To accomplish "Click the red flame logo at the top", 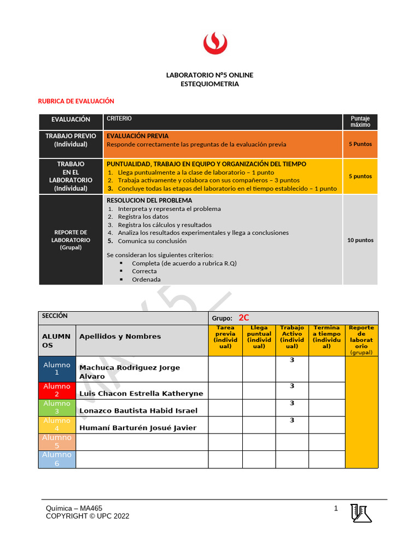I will pyautogui.click(x=210, y=43).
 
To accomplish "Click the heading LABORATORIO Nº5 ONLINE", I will pyautogui.click(x=209, y=75).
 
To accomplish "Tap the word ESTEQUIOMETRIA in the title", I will pyautogui.click(x=209, y=84).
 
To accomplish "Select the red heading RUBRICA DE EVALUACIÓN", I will pyautogui.click(x=76, y=101).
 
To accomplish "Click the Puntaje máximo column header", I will pyautogui.click(x=360, y=122).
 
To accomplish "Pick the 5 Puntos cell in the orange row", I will pyautogui.click(x=360, y=144).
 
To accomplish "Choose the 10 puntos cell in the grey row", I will pyautogui.click(x=360, y=240).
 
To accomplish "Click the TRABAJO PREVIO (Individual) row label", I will pyautogui.click(x=71, y=140).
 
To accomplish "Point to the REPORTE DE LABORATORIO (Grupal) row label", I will pyautogui.click(x=71, y=240).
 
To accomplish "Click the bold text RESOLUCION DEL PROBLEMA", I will pyautogui.click(x=149, y=200).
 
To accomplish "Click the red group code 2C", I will pyautogui.click(x=244, y=318).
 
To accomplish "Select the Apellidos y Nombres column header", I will pyautogui.click(x=120, y=336).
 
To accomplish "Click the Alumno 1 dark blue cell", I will pyautogui.click(x=57, y=368).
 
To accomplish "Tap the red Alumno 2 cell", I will pyautogui.click(x=57, y=390).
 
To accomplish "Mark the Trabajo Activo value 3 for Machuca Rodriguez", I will pyautogui.click(x=292, y=360).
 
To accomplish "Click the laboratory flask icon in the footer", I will pyautogui.click(x=361, y=513).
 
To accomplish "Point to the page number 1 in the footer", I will pyautogui.click(x=336, y=509).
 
